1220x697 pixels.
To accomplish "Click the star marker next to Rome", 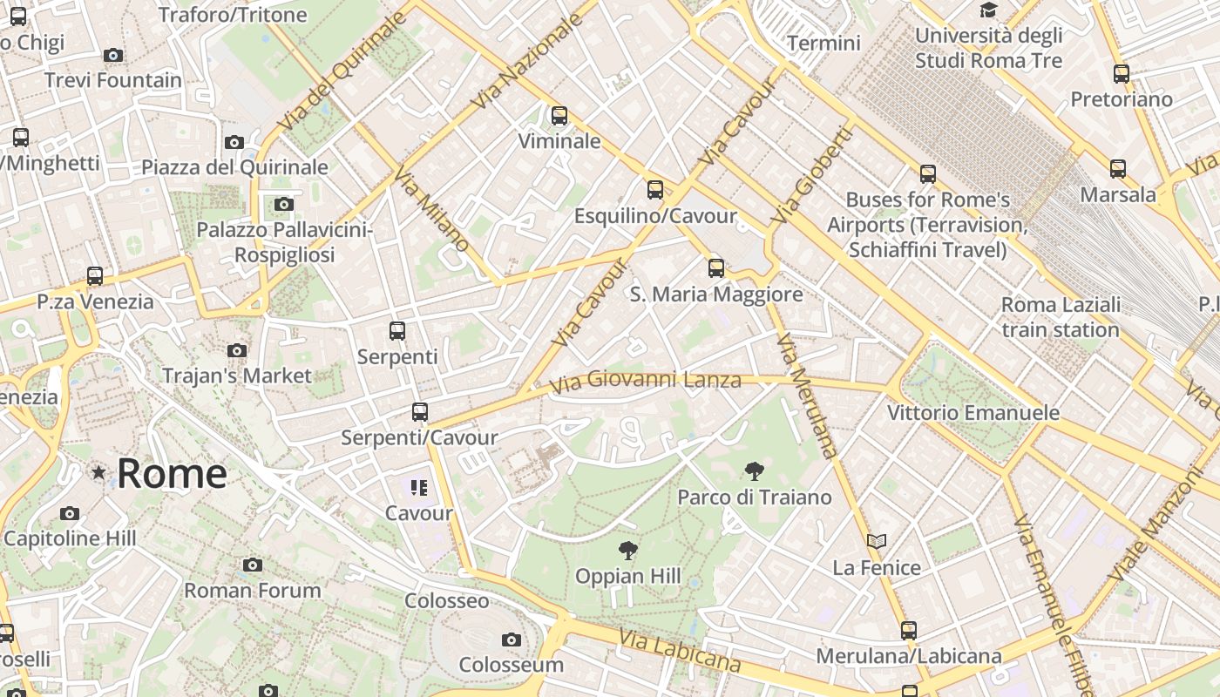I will click(x=98, y=472).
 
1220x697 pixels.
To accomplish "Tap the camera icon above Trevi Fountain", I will click(x=112, y=55).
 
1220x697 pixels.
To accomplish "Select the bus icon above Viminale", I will click(x=559, y=115).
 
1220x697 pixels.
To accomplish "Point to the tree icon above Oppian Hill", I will click(x=627, y=551).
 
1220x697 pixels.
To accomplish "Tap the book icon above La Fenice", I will click(x=877, y=542).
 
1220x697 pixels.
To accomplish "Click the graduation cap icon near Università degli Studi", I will click(x=988, y=10).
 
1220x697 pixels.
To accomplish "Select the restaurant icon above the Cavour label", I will click(x=419, y=488).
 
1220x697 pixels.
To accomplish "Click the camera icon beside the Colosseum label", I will click(x=512, y=640).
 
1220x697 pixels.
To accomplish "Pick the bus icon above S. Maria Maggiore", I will click(x=716, y=268).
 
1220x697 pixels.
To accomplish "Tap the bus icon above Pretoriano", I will click(x=1122, y=74).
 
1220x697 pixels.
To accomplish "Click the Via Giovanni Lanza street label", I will click(x=645, y=380).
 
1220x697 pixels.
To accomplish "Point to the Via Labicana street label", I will click(x=680, y=651).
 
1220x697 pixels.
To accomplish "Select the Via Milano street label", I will click(x=431, y=209).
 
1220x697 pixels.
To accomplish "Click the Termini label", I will click(x=823, y=43).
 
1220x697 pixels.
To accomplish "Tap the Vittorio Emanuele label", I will click(x=973, y=412).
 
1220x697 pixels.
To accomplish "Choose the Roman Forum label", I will click(x=252, y=590).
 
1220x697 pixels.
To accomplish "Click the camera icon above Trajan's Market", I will click(x=236, y=351).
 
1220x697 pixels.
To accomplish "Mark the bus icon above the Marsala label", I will click(x=1118, y=169).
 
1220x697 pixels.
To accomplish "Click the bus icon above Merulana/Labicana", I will click(x=909, y=630).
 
